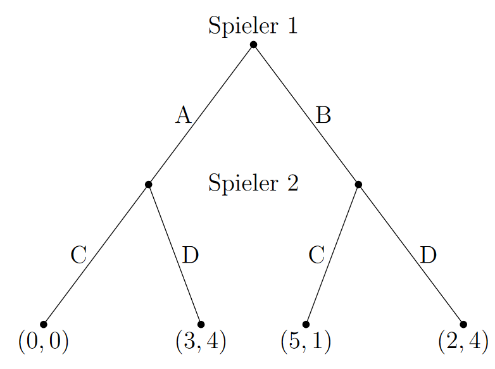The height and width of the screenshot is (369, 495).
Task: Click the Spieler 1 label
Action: [x=253, y=26]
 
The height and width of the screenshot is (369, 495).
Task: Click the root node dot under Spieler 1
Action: [x=253, y=44]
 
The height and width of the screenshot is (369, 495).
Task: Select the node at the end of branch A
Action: [x=148, y=184]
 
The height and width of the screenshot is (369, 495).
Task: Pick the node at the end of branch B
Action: [x=358, y=184]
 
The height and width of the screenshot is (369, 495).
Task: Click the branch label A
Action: [x=183, y=115]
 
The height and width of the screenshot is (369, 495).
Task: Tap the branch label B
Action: [x=323, y=115]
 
